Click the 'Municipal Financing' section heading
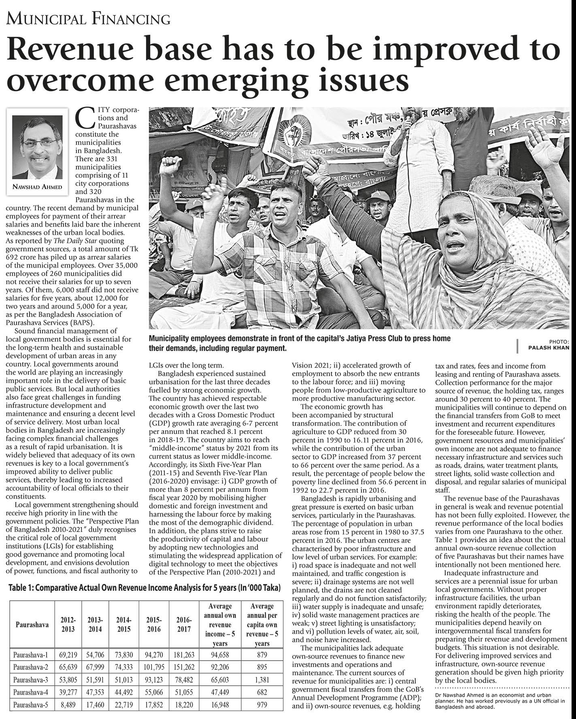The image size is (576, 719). point(88,19)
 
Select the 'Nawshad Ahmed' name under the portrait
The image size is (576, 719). point(38,187)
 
